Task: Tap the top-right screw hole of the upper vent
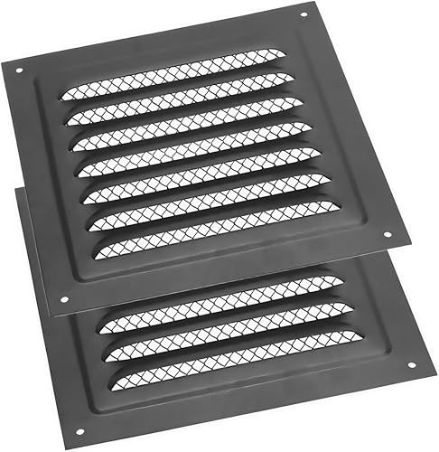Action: coord(303,14)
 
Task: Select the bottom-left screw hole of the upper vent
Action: coord(62,299)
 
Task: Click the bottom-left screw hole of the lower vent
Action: coord(79,431)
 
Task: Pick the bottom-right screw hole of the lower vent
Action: coord(411,365)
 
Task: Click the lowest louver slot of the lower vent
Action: coord(239,354)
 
